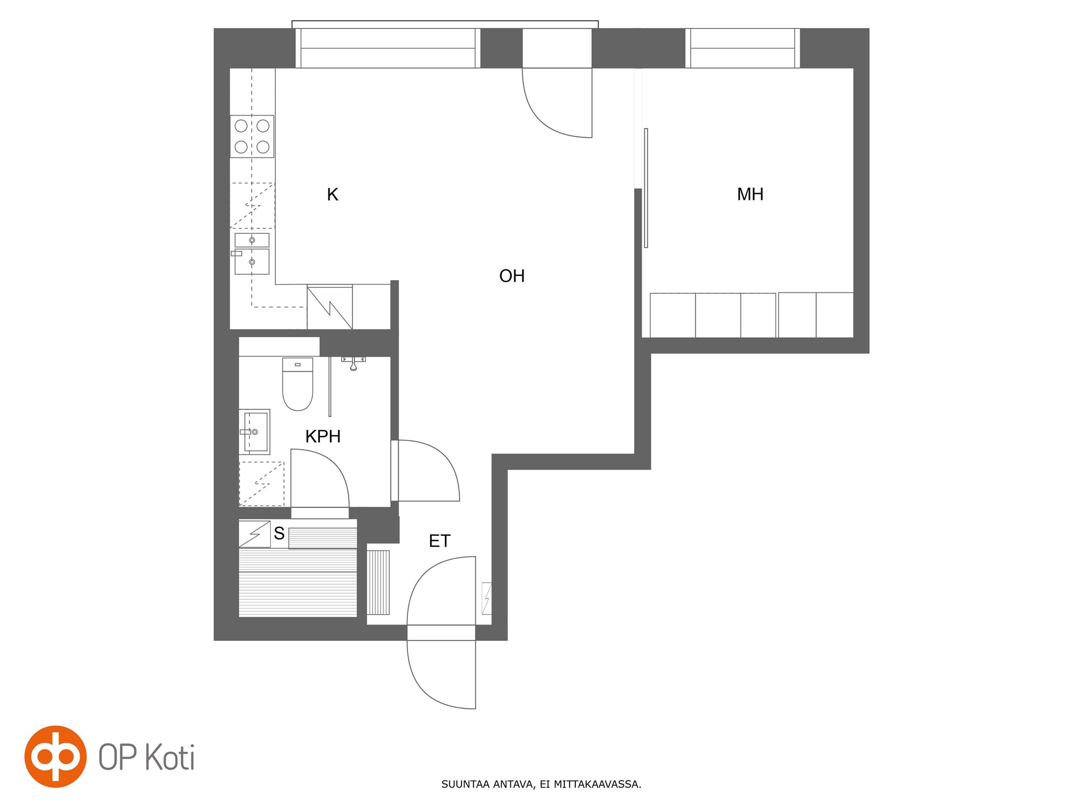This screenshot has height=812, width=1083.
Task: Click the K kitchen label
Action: click(x=333, y=194)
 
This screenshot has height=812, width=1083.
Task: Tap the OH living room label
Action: click(x=512, y=276)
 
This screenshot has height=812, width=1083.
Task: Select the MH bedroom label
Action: click(x=750, y=194)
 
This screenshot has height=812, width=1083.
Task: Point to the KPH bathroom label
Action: click(x=323, y=436)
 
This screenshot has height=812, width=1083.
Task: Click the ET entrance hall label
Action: click(x=439, y=541)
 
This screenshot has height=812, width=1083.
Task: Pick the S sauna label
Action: click(x=279, y=533)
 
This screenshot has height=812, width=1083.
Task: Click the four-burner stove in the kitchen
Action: click(x=252, y=136)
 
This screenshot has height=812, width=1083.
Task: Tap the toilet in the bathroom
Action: click(x=298, y=384)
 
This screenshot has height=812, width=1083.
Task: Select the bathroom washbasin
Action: click(x=254, y=432)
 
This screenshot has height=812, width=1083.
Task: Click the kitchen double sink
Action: click(x=252, y=254)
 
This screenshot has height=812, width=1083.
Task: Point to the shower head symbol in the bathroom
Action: click(x=353, y=363)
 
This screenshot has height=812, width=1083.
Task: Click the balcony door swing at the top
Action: click(x=557, y=103)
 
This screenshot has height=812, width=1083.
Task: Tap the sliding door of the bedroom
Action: click(x=646, y=188)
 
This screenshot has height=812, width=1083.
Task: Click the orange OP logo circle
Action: click(x=55, y=756)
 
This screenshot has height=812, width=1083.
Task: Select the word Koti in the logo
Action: click(x=170, y=757)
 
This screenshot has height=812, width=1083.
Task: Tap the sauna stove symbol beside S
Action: click(x=254, y=534)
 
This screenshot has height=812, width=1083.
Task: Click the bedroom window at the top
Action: click(x=742, y=48)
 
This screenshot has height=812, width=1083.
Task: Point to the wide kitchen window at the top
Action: click(x=388, y=48)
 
